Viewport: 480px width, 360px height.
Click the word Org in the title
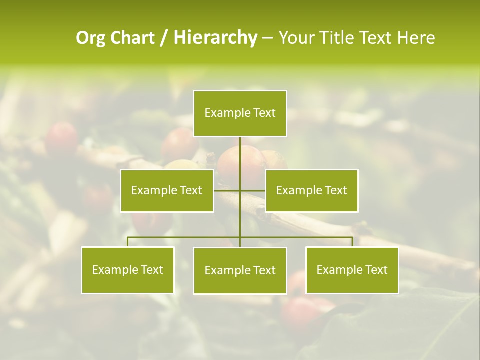click(91, 38)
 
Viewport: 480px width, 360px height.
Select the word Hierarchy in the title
click(215, 38)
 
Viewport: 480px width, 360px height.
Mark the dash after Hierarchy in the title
click(267, 38)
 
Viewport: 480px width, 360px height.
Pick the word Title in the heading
click(338, 38)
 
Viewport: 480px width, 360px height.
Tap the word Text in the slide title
click(377, 38)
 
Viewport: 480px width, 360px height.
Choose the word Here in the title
click(416, 38)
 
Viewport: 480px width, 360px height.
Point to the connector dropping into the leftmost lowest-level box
click(127, 242)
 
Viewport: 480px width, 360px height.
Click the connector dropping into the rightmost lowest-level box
click(352, 242)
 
